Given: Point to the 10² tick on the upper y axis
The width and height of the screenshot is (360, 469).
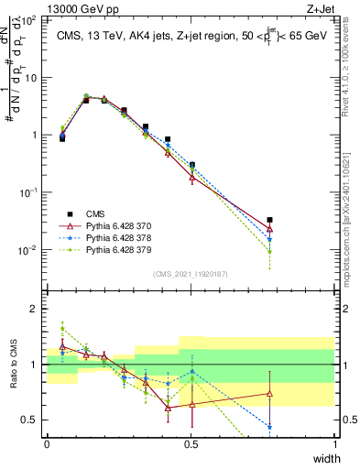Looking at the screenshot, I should point(31,19).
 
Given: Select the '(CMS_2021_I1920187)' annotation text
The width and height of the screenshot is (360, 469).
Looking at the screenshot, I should point(190,274).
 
